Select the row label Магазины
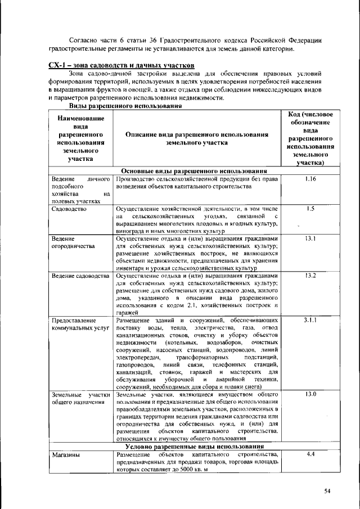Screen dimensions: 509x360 click(64, 454)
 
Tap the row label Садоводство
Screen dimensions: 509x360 click(69, 209)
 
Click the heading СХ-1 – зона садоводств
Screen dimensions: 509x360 click(121, 66)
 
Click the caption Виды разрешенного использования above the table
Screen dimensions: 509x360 click(125, 106)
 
